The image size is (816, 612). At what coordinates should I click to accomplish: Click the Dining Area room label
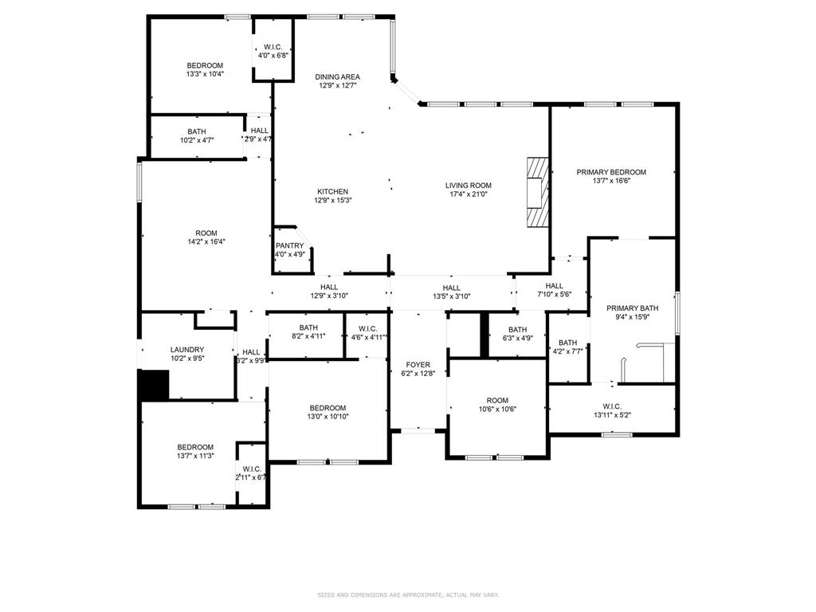(x=337, y=77)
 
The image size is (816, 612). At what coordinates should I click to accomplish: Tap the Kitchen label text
(x=332, y=192)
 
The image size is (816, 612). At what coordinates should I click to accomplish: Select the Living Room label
(x=468, y=186)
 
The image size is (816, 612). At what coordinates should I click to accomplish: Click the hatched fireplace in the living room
(x=539, y=192)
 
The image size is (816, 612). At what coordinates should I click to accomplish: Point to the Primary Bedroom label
(x=611, y=172)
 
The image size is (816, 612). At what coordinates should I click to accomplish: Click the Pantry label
(x=290, y=246)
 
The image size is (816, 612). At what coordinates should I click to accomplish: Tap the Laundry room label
(x=187, y=350)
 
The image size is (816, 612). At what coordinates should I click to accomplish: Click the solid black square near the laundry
(x=155, y=385)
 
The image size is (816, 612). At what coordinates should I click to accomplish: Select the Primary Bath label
(x=632, y=308)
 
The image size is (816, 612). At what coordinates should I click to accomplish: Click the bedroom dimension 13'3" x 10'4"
(x=205, y=74)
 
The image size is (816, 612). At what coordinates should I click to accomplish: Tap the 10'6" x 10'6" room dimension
(x=497, y=410)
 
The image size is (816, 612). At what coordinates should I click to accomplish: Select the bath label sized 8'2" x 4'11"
(x=308, y=336)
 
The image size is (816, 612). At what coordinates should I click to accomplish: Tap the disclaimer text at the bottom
(x=408, y=594)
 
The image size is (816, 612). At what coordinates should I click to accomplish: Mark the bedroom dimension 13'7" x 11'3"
(x=195, y=456)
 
